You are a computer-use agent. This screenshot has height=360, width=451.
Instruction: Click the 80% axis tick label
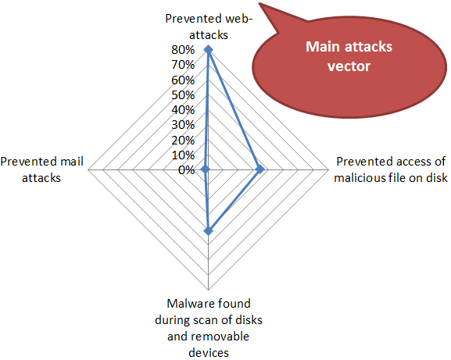pos(183,50)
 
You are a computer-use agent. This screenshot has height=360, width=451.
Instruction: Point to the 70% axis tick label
pos(183,65)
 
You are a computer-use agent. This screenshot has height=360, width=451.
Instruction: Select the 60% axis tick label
pos(183,80)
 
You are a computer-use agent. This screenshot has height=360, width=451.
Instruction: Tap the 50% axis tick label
pos(183,95)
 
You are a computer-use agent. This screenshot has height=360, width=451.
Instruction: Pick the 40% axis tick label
pos(183,110)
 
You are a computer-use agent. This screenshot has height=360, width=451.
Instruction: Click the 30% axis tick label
pos(183,125)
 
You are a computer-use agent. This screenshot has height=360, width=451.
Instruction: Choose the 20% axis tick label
pos(183,141)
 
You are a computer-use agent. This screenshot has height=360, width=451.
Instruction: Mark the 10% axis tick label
pos(183,155)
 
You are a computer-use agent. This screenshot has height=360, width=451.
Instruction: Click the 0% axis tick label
pos(186,170)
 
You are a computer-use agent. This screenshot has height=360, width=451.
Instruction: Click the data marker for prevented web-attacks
pos(208,50)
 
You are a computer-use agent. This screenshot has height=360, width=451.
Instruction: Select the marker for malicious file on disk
pos(260,169)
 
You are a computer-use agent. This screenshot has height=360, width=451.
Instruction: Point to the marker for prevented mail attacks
pos(205,169)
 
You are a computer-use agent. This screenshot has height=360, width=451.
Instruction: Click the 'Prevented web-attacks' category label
pos(209,27)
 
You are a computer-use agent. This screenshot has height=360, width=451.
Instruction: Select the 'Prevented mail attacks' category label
pos(41,169)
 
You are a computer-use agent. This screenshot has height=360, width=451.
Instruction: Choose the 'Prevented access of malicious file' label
pos(391,169)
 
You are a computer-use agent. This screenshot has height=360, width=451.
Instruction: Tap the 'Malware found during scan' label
pos(209,328)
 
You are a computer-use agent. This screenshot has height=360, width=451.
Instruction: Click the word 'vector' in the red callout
pos(349,66)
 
